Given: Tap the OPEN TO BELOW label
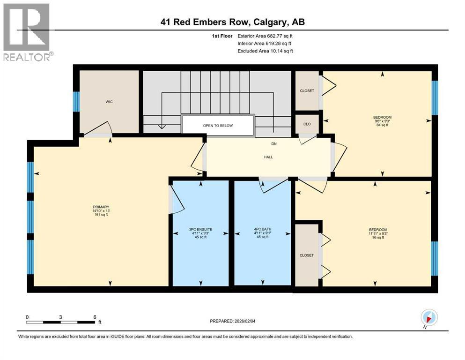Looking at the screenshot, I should point(218,126).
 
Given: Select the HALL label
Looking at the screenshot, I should point(268,157).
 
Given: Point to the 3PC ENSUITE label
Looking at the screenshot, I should point(200,233).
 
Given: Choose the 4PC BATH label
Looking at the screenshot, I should point(262,233).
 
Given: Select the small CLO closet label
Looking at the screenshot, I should point(307,125).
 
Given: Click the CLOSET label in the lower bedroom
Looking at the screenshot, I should point(307,255).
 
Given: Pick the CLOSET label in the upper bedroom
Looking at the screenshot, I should point(307,90).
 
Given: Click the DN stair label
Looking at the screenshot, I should point(273,144).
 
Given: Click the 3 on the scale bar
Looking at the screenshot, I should point(61,317).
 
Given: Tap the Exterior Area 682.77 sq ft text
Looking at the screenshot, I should point(265,36).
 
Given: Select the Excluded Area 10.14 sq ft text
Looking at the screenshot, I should point(265,51).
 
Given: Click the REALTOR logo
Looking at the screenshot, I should point(27,32).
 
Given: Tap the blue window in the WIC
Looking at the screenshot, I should point(76,101).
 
